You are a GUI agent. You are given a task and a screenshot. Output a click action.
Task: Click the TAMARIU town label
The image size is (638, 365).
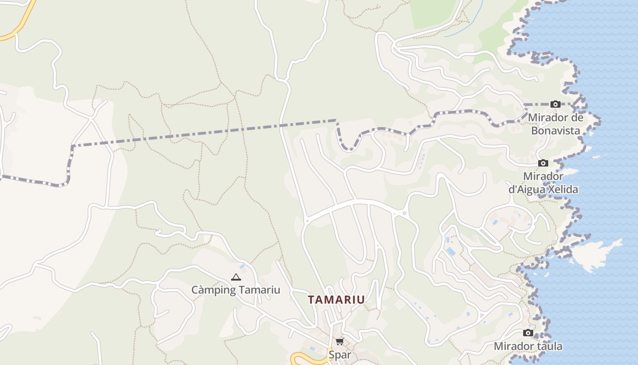pyautogui.click(x=336, y=300)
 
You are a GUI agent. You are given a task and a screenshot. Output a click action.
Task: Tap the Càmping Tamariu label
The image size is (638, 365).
pyautogui.click(x=236, y=290)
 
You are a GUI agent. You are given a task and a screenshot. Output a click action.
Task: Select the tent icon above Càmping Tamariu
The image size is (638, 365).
pyautogui.click(x=236, y=277)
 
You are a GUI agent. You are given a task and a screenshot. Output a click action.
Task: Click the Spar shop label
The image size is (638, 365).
pyautogui.click(x=340, y=355)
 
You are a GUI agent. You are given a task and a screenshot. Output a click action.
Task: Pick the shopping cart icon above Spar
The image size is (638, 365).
pyautogui.click(x=340, y=341)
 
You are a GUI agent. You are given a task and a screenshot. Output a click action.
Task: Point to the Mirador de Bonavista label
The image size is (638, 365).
pyautogui.click(x=556, y=124)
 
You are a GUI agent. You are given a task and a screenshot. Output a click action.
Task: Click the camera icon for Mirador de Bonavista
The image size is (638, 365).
pyautogui.click(x=555, y=104)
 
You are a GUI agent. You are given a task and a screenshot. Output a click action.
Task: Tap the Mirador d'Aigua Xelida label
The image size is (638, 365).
pyautogui.click(x=543, y=182)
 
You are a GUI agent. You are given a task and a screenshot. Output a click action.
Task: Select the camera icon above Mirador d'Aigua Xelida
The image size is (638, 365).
pyautogui.click(x=543, y=163)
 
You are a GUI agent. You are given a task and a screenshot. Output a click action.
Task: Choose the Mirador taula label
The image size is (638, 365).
pyautogui.click(x=528, y=346)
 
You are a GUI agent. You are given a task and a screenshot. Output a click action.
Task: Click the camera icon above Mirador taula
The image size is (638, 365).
pyautogui.click(x=528, y=333)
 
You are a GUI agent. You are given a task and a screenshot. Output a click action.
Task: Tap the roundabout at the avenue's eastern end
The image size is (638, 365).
pyautogui.click(x=404, y=213)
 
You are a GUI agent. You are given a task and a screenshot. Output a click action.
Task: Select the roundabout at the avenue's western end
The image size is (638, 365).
pyautogui.click(x=307, y=221)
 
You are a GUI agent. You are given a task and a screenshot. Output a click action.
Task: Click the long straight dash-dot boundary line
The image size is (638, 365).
pyautogui.click(x=205, y=133)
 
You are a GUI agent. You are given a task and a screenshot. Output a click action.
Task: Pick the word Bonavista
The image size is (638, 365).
pyautogui.click(x=556, y=131)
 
